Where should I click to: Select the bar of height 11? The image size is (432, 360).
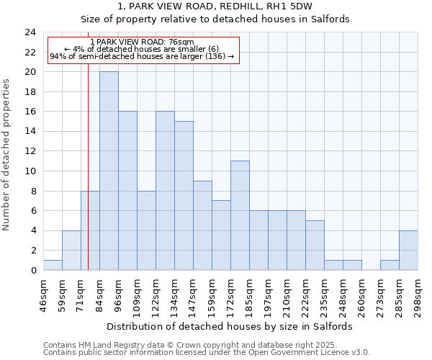[x=240, y=215]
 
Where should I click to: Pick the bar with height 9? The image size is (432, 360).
[x=202, y=225]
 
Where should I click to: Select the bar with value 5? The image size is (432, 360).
[x=315, y=245]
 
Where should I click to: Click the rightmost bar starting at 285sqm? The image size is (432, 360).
[x=408, y=251]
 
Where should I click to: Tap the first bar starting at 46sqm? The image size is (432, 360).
[x=53, y=265]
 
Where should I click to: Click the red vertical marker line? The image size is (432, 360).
[x=88, y=180]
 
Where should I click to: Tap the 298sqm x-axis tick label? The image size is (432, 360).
[x=418, y=294]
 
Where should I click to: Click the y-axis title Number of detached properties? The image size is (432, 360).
[x=7, y=155]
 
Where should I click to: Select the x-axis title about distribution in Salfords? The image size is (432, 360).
[x=234, y=326]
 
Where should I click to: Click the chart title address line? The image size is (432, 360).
[x=215, y=6]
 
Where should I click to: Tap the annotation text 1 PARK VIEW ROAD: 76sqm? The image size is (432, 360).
[x=142, y=42]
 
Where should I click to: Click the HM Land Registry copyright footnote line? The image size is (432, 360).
[x=200, y=345]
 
